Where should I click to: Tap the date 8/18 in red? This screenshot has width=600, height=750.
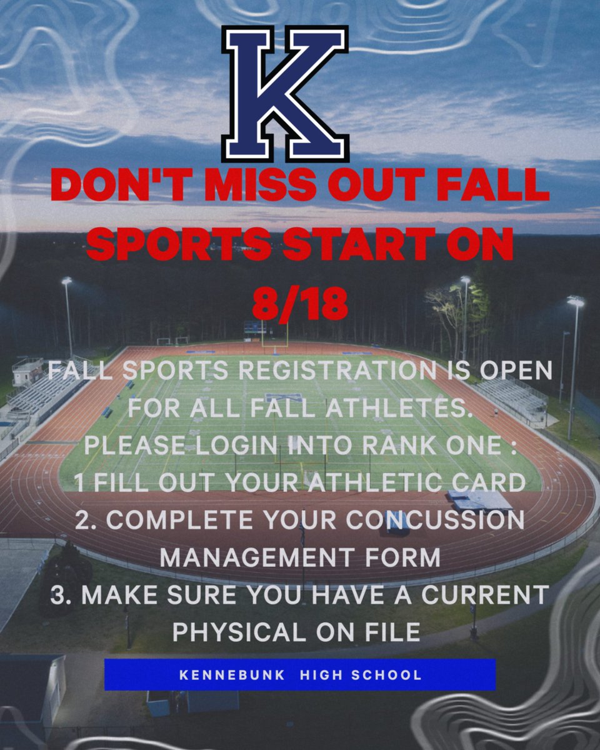pos(299,304)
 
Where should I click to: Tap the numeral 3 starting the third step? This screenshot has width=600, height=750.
pos(59,595)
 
